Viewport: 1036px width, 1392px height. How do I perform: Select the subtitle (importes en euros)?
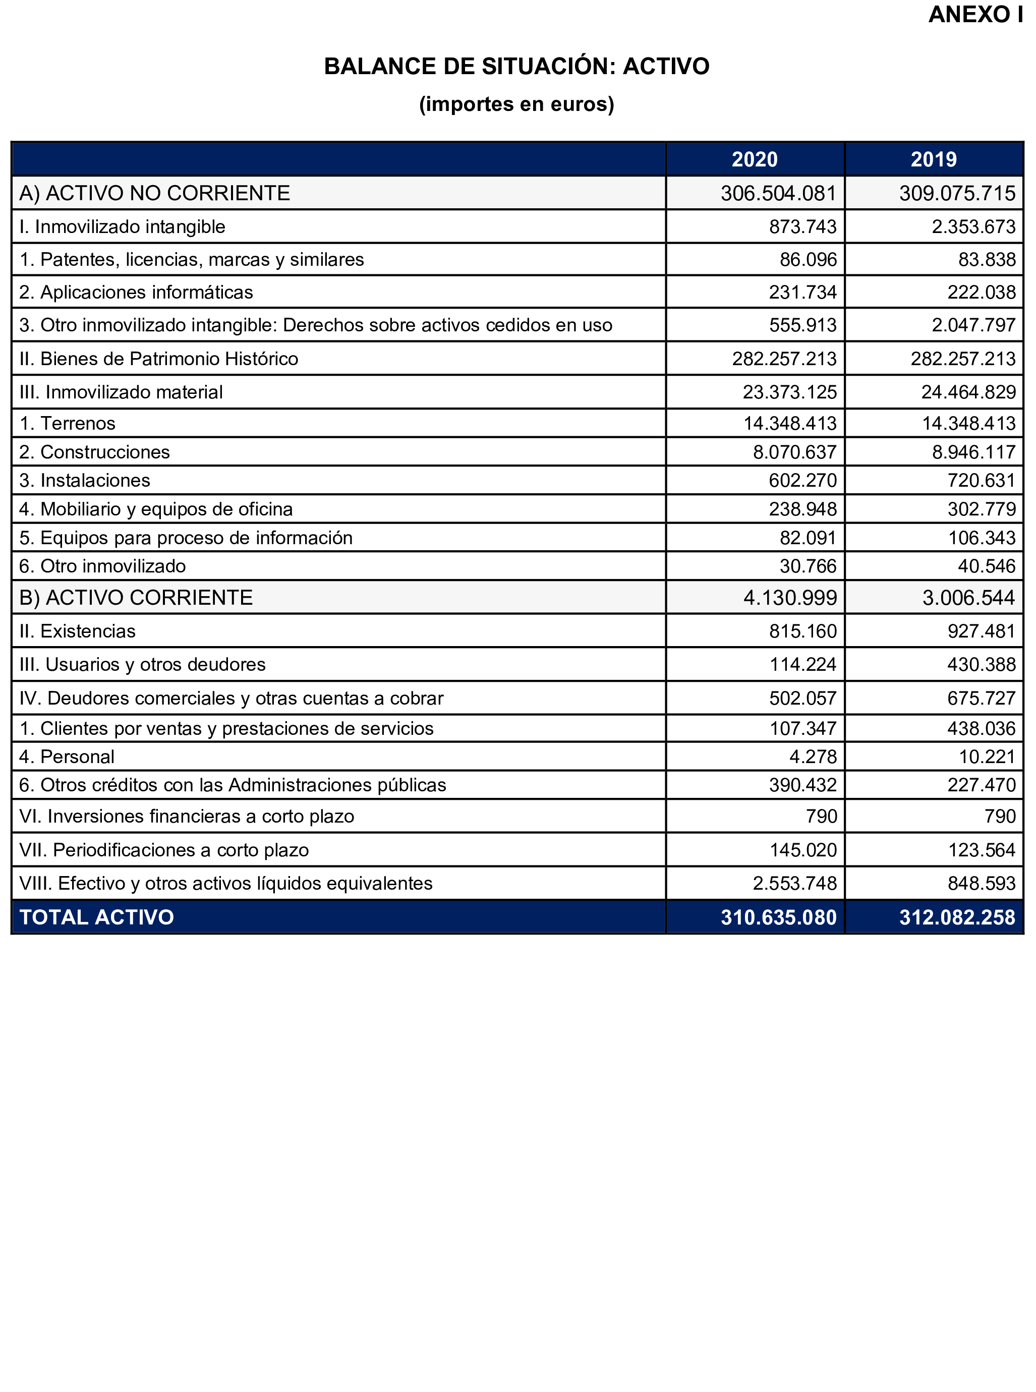[517, 104]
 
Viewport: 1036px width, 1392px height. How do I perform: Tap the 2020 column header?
[755, 159]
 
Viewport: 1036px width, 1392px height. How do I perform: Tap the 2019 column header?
[934, 159]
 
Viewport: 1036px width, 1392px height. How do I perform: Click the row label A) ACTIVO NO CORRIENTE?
[154, 193]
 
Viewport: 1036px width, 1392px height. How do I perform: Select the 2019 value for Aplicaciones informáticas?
[982, 292]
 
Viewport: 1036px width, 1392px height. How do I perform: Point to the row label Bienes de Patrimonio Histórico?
[159, 359]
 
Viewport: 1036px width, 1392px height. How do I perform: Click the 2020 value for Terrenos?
[790, 423]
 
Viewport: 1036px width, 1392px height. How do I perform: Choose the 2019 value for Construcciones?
[973, 452]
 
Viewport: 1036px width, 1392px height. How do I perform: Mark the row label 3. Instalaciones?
[85, 480]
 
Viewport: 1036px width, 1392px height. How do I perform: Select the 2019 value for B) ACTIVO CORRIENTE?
[968, 598]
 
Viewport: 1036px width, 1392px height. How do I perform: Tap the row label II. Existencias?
[77, 631]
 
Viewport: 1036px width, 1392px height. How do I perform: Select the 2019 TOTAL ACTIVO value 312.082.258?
[957, 917]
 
